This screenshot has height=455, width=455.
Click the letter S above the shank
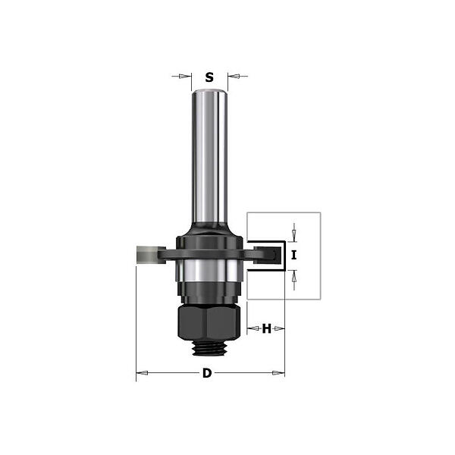(209, 77)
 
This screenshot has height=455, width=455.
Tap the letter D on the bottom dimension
(207, 373)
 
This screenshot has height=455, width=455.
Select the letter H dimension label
(266, 329)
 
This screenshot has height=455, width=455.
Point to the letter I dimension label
(294, 256)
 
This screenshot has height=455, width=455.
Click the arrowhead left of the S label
(184, 77)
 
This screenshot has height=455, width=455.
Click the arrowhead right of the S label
(234, 77)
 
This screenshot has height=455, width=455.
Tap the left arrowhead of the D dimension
(143, 373)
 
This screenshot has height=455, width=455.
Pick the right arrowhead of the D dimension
(278, 373)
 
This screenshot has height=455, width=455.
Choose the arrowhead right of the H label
(278, 328)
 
